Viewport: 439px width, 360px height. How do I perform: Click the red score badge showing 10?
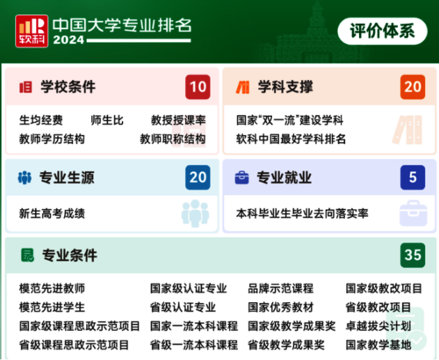(198, 87)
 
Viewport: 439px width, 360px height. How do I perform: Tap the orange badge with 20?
(412, 87)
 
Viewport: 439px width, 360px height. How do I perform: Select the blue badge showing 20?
(198, 178)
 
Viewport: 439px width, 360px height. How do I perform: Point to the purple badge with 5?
(412, 178)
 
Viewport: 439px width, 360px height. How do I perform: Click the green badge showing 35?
(412, 256)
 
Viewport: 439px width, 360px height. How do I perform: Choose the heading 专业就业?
(284, 178)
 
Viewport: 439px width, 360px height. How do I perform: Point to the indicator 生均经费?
(40, 119)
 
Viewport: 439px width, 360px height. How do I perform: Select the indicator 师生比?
(106, 119)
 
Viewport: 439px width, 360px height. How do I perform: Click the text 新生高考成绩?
(52, 212)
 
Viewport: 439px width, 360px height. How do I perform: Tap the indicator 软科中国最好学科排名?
(291, 139)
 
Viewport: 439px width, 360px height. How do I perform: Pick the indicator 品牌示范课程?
(280, 288)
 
